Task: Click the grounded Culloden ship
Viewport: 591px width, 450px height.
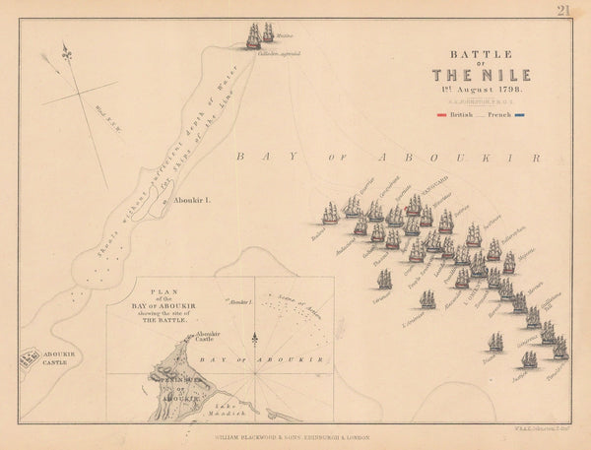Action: click(x=254, y=35)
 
